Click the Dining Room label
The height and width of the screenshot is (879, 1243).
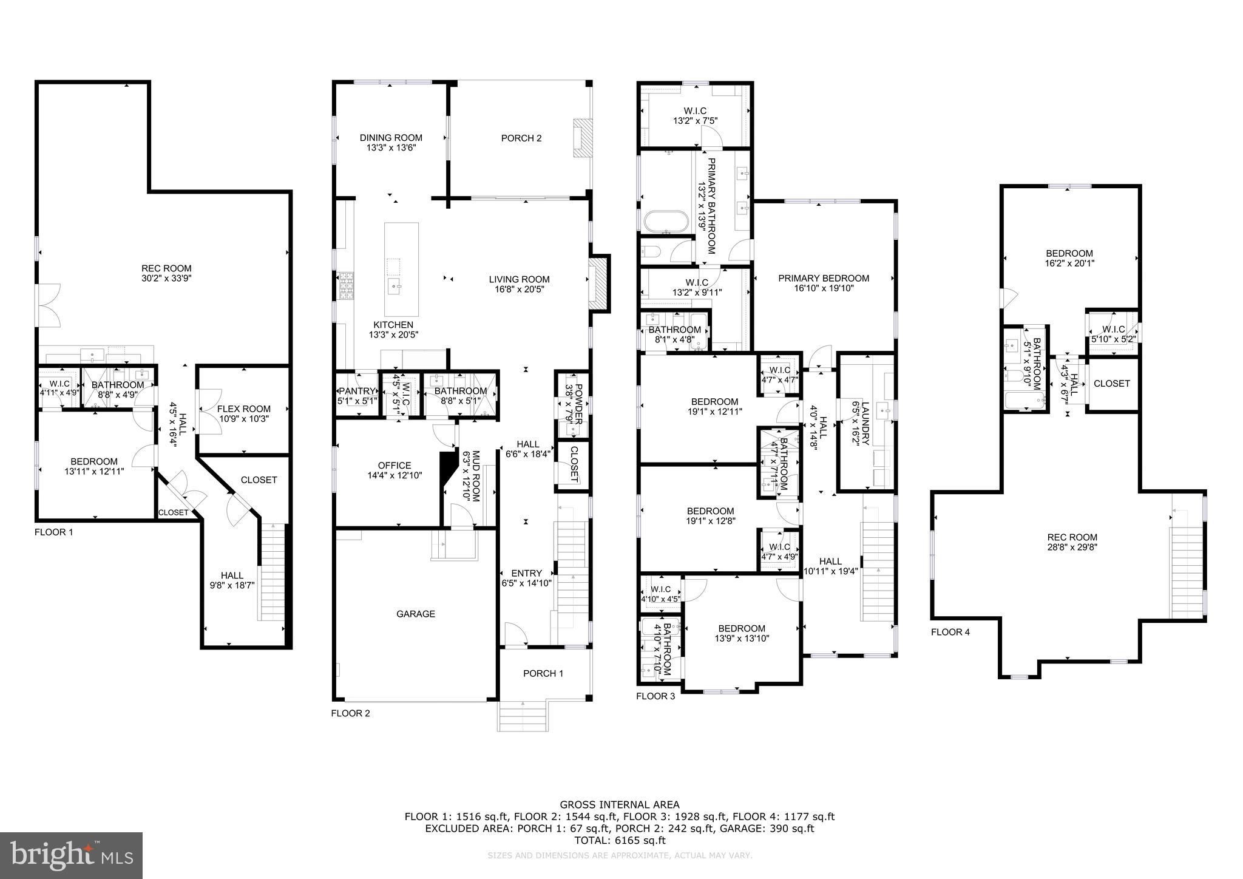click(390, 138)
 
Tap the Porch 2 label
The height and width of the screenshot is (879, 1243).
click(521, 138)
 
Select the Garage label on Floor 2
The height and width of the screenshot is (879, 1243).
click(416, 614)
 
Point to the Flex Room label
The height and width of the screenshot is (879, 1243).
click(243, 409)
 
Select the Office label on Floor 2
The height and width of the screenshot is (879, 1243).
click(395, 466)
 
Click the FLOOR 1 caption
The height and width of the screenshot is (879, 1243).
click(53, 532)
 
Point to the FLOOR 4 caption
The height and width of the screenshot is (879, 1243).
click(950, 632)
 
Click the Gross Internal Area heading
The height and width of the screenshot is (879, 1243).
click(619, 805)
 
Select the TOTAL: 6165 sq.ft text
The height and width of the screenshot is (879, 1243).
click(619, 841)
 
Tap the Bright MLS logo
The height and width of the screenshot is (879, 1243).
click(71, 855)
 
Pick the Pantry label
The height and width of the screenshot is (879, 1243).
click(357, 391)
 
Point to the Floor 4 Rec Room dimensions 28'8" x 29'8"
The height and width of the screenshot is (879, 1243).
click(1072, 547)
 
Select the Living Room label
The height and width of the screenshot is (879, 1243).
click(519, 279)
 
